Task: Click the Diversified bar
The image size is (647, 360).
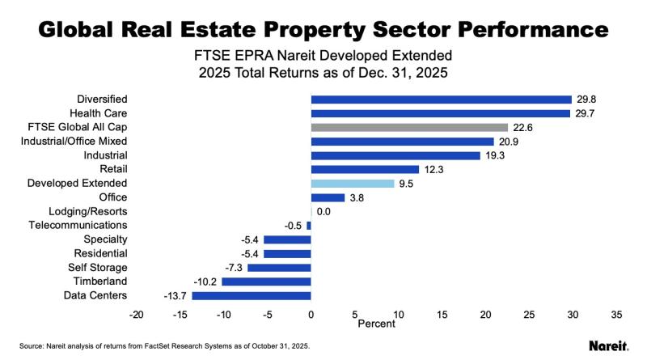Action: [441, 100]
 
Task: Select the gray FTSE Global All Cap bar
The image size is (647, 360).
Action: [409, 127]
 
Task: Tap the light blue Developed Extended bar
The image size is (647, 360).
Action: [353, 184]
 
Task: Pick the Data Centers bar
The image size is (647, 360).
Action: [252, 295]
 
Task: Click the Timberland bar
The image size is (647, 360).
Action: [266, 282]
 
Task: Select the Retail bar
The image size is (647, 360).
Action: [365, 169]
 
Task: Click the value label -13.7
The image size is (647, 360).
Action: [175, 296]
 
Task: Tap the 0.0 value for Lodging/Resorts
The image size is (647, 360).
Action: [323, 212]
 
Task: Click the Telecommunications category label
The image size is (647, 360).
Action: [78, 226]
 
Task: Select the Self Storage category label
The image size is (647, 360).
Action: [97, 268]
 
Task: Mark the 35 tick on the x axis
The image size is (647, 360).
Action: [615, 314]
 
